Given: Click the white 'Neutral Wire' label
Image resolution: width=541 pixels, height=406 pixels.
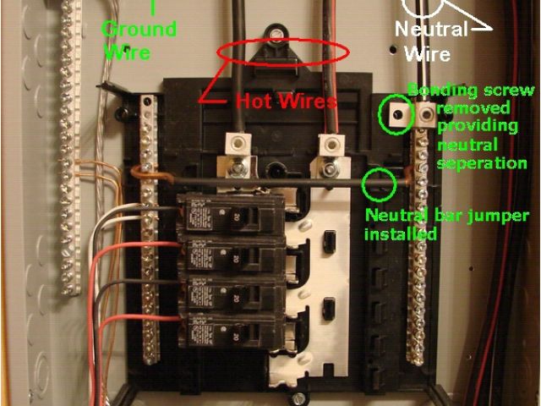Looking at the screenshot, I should click(431, 41).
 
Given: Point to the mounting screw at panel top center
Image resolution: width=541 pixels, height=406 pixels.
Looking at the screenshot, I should click(278, 36).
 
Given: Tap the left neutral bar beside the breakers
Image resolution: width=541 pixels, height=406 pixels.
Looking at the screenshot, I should click(149, 228).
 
